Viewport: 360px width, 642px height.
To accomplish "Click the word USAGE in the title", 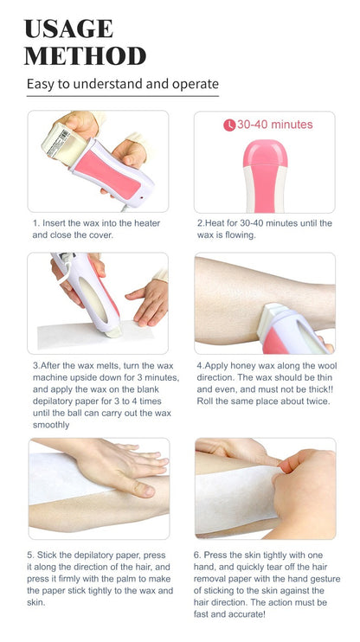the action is [69, 29].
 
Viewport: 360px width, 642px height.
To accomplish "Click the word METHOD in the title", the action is [85, 56].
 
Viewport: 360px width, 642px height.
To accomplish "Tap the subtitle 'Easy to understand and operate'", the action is [123, 84].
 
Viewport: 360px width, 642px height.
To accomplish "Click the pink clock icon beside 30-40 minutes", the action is [229, 125].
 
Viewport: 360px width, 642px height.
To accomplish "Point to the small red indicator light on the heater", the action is [142, 197].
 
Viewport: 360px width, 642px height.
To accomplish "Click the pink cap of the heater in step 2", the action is [265, 153].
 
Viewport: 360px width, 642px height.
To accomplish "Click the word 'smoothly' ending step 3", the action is [51, 425].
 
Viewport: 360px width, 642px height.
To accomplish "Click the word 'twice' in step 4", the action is [318, 401].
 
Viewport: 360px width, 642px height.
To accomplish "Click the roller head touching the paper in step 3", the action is [112, 332].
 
